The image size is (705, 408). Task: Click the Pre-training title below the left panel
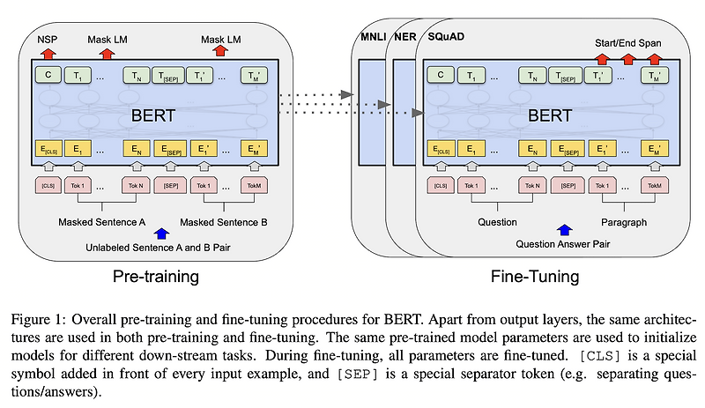(x=155, y=277)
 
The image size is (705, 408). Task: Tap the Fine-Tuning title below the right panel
(x=535, y=277)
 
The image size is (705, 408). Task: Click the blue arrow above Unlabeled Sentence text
(x=160, y=233)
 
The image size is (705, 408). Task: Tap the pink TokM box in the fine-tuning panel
(x=654, y=186)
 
